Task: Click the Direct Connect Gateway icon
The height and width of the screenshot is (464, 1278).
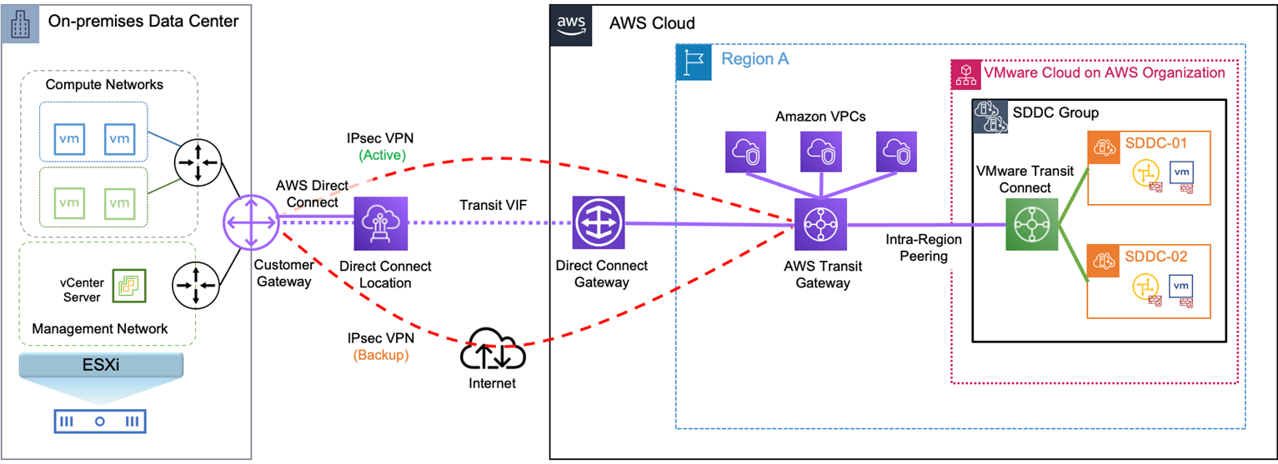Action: (x=599, y=224)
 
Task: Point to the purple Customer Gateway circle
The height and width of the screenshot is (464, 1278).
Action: (x=249, y=223)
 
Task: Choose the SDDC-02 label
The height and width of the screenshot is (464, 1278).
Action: (x=1156, y=256)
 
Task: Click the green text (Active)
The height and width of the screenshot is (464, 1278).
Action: (x=382, y=154)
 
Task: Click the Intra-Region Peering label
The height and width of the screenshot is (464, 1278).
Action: (x=923, y=248)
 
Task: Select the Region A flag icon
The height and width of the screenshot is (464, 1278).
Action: (x=694, y=62)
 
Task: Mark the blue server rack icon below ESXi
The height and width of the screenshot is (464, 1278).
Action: (x=98, y=422)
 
